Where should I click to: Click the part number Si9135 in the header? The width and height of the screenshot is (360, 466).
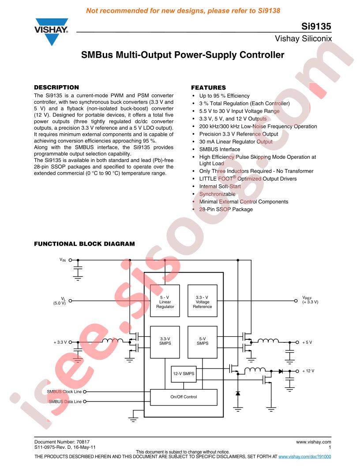point(316,26)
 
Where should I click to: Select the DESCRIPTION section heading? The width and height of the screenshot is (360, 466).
point(56,87)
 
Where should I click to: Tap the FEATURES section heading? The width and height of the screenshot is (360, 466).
point(208,88)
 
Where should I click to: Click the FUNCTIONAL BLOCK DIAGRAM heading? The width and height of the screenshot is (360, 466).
point(84,244)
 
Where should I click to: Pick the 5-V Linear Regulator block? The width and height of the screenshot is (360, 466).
point(165,301)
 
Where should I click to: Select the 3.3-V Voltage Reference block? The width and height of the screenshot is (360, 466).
point(202,301)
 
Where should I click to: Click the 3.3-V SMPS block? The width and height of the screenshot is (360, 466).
point(165,342)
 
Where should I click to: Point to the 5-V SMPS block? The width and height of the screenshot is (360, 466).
point(202,342)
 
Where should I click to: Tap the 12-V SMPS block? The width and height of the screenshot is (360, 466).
point(184,374)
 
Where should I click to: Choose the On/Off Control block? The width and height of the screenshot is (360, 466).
point(184,397)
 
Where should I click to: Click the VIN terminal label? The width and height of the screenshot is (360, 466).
point(63,260)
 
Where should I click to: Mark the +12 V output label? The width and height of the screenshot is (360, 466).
point(308,371)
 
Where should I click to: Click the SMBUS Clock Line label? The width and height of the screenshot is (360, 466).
point(64,392)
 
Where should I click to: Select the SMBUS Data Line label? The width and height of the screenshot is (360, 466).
point(65,402)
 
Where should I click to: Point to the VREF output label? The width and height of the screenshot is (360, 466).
point(310,300)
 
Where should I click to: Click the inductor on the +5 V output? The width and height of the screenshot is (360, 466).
point(268,341)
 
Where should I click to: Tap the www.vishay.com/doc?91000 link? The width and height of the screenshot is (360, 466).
point(305,456)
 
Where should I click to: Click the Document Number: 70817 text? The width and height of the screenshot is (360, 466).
point(62,442)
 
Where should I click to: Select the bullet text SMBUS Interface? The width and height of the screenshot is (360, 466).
point(220,149)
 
